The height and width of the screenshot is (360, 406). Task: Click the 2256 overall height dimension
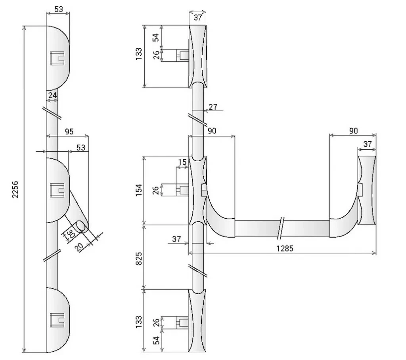click(15, 189)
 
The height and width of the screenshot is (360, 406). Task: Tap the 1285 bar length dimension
click(285, 248)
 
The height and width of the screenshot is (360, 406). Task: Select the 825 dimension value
click(139, 258)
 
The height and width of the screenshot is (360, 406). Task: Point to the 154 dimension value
click(139, 190)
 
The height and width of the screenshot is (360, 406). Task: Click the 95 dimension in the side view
click(69, 131)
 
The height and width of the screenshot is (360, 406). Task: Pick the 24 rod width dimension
click(53, 95)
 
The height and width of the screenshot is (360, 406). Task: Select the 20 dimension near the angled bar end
click(79, 247)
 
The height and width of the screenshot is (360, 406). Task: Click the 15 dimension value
click(182, 162)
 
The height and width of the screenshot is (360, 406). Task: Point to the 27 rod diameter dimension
click(213, 107)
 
